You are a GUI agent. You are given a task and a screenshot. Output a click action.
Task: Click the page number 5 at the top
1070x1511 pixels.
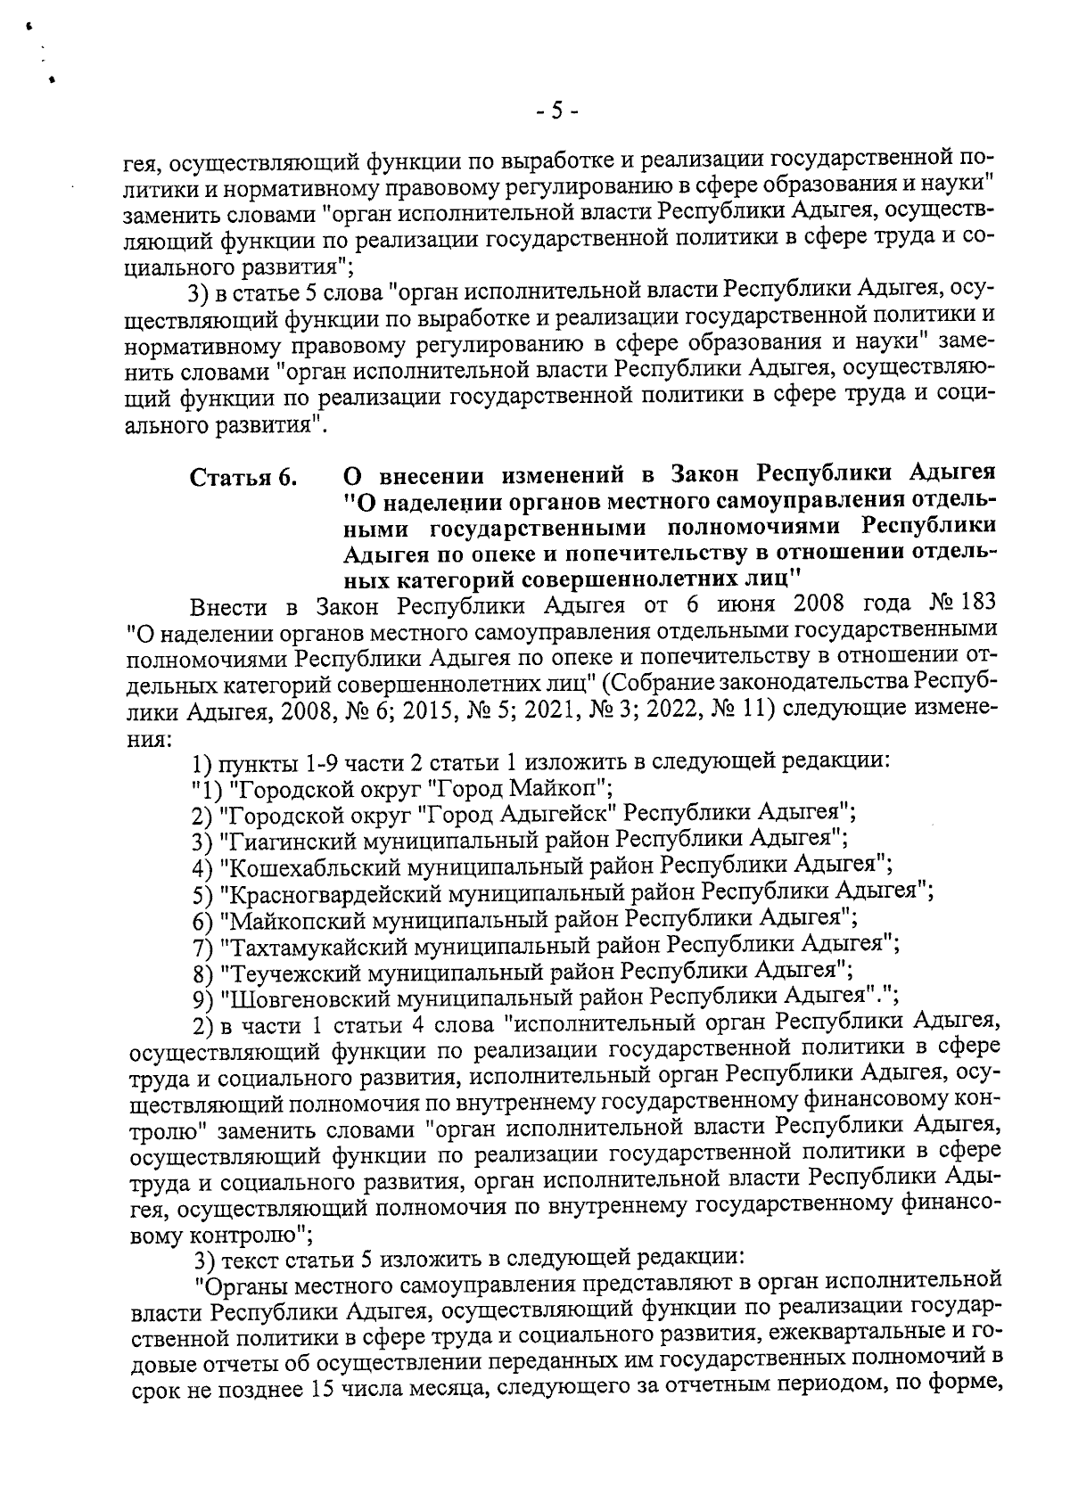coord(557,111)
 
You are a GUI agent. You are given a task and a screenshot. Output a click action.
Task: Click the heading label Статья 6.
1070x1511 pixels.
coord(243,478)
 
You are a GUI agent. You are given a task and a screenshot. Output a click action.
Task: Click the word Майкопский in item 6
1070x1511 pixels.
coord(289,916)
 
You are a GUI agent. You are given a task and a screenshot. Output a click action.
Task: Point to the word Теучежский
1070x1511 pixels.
coord(284,968)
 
